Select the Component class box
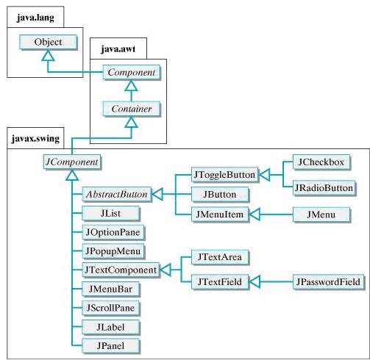pyautogui.click(x=131, y=73)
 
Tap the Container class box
pyautogui.click(x=131, y=109)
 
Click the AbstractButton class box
pyautogui.click(x=116, y=195)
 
